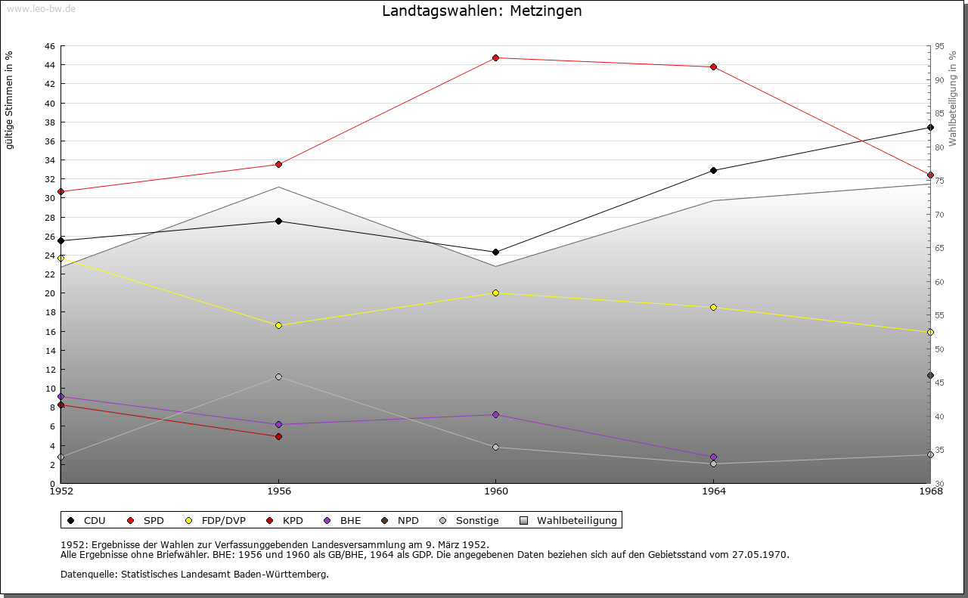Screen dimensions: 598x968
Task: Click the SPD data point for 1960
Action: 495,57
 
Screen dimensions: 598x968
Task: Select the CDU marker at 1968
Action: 930,127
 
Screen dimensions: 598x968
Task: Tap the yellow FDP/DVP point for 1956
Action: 278,325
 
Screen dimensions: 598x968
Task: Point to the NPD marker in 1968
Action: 930,375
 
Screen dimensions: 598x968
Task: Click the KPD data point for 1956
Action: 278,436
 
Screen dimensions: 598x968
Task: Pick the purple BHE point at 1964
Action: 713,457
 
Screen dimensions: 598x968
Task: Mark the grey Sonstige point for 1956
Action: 278,376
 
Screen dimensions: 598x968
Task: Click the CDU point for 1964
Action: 713,170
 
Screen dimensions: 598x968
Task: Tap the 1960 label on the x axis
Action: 495,491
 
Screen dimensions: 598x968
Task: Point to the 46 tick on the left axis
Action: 49,46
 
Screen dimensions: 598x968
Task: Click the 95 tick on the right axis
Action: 940,46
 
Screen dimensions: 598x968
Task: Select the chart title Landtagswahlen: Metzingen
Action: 482,11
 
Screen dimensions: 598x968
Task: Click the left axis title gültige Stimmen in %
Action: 10,100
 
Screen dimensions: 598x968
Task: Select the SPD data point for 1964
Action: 713,67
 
